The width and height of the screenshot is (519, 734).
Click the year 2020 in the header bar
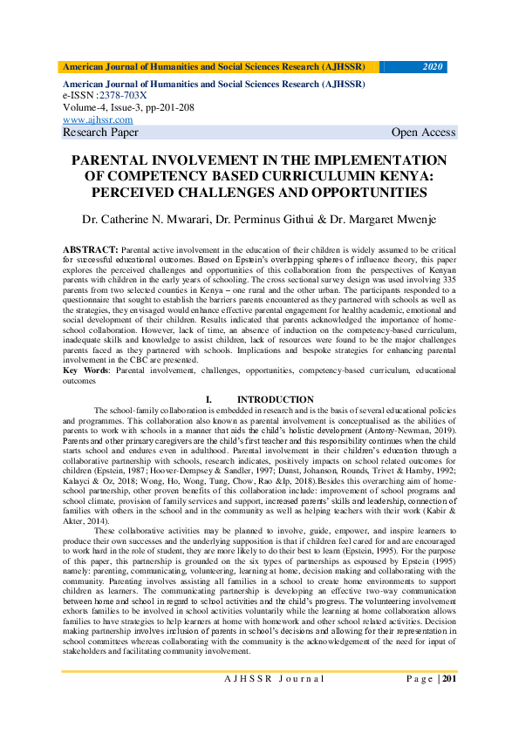433,66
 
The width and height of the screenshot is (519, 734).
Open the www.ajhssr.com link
98,119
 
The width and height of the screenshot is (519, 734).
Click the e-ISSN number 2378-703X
123,96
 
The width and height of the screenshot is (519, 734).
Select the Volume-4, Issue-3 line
128,107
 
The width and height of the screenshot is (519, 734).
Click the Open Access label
423,133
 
